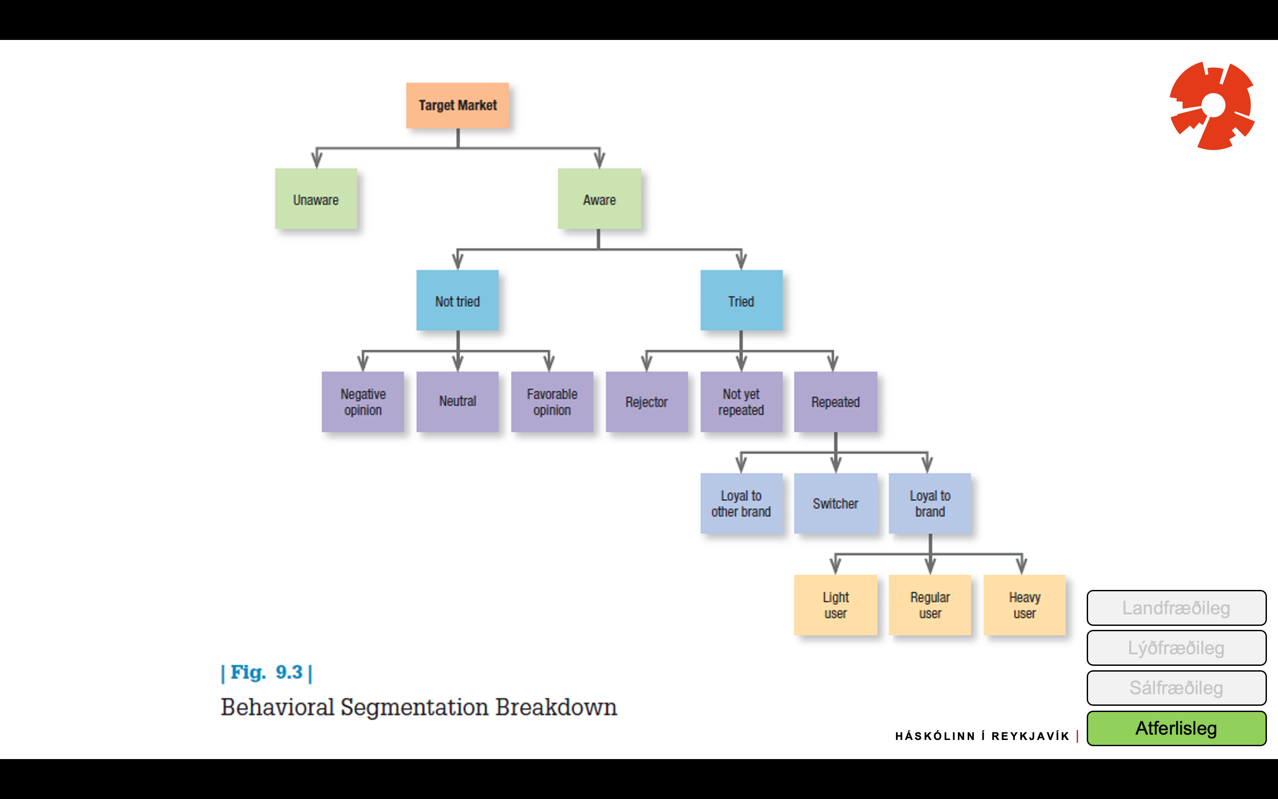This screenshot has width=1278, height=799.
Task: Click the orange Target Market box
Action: [x=458, y=105]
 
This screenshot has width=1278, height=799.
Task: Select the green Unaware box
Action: [x=316, y=199]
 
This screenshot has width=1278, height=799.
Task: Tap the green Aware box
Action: [x=600, y=199]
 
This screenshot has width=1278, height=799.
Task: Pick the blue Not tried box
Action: [x=458, y=300]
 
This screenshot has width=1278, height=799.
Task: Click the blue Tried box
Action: [x=742, y=300]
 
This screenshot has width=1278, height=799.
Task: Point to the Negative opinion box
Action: [x=363, y=402]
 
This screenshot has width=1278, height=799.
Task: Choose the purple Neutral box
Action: [x=458, y=402]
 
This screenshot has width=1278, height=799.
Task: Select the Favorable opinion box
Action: [x=552, y=402]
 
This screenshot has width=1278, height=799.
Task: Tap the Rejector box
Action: [x=647, y=402]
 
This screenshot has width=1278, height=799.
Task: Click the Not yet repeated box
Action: [x=742, y=402]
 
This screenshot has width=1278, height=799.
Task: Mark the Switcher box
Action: [x=836, y=503]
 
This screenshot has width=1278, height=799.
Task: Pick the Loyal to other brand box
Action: [x=742, y=503]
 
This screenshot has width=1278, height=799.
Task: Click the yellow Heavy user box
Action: [x=1025, y=605]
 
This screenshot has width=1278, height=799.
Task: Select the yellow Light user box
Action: [x=836, y=605]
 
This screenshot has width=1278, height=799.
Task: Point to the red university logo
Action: [x=1212, y=106]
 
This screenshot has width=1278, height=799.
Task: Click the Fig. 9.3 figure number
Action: [x=267, y=672]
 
